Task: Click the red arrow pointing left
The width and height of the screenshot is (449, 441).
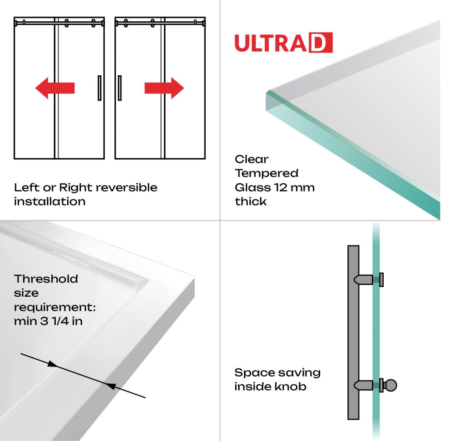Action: [54, 88]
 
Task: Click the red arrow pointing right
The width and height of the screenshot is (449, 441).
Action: [164, 88]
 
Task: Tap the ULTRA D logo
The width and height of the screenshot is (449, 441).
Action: [283, 43]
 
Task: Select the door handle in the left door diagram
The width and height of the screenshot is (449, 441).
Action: [99, 88]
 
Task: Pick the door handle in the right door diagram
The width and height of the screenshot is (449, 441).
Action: [120, 88]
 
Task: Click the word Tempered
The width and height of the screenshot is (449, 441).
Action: [266, 173]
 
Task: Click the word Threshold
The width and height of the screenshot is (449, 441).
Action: [46, 279]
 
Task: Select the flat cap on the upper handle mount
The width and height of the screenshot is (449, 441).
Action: [382, 279]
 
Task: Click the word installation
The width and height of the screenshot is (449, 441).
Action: [49, 201]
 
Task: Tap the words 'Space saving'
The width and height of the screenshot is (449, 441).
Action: [277, 373]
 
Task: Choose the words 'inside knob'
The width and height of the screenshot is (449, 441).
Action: [270, 387]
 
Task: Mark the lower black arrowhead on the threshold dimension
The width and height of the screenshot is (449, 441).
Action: [111, 386]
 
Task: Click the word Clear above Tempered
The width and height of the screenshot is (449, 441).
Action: [251, 159]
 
